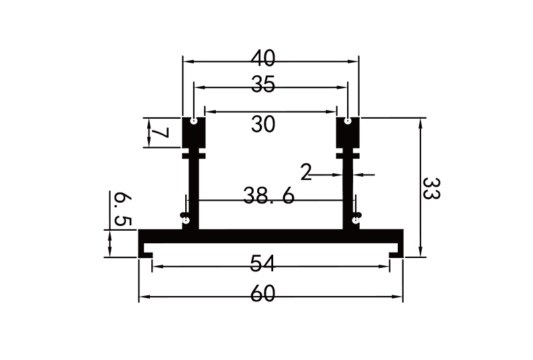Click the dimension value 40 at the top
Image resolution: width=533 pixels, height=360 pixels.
pos(263,59)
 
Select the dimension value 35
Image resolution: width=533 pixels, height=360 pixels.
pos(263,85)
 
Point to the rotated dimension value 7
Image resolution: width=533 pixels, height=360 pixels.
pos(159,133)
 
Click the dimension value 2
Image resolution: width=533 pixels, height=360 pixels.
pos(306,173)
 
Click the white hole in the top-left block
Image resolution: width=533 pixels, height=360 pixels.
pos(193,121)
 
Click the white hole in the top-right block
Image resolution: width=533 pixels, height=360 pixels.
pos(348,121)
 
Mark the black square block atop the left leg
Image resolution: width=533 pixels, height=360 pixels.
pos(193,133)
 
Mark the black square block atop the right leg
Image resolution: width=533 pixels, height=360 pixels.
pos(348,133)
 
